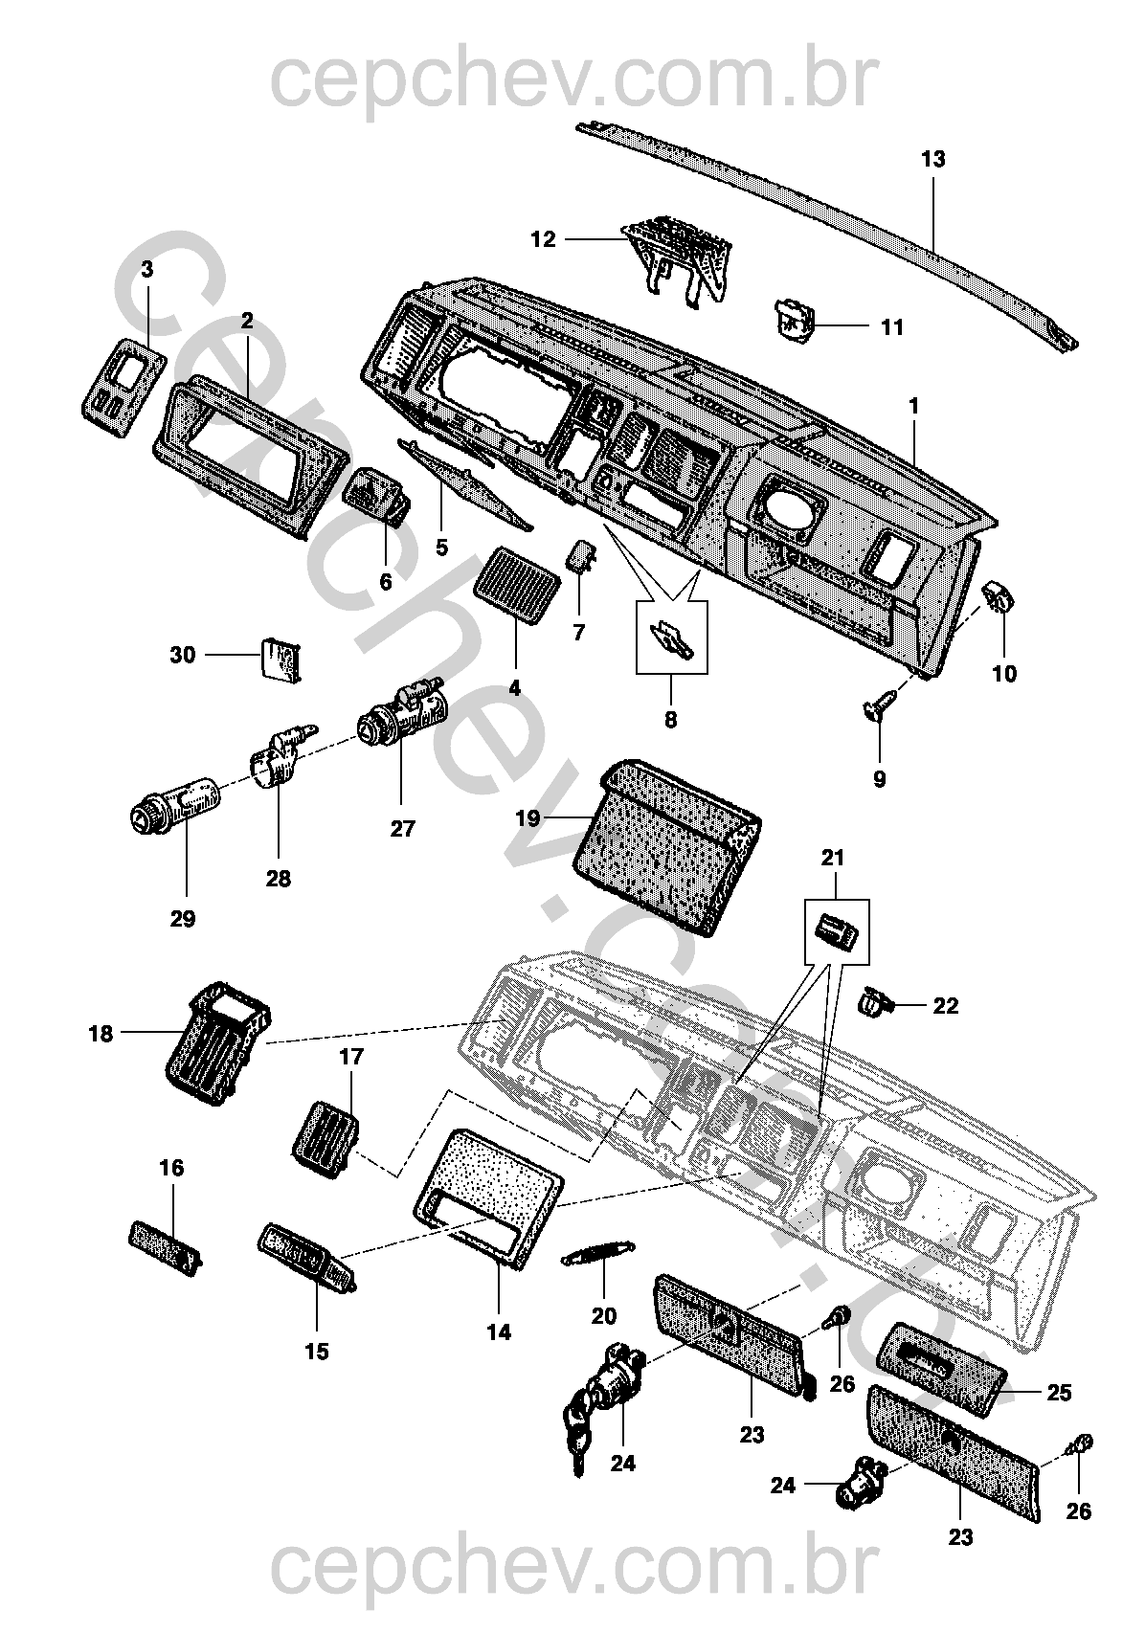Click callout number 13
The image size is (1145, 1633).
pos(932,159)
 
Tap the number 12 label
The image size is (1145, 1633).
pos(543,238)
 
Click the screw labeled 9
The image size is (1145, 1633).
pos(881,711)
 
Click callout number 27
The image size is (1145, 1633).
pos(402,828)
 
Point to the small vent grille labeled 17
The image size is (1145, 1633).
pos(324,1132)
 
